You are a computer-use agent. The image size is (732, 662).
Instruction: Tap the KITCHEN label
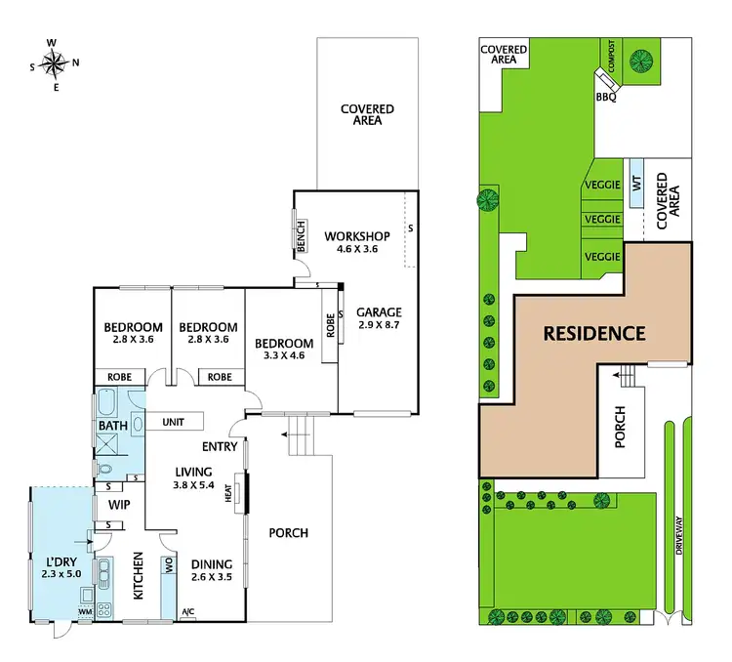[139, 576]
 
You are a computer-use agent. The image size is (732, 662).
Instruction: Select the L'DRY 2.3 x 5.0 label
[58, 567]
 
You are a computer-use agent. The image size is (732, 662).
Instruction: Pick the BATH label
[112, 426]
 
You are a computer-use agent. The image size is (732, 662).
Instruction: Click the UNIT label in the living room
[174, 422]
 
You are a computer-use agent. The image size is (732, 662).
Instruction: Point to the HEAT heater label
[228, 495]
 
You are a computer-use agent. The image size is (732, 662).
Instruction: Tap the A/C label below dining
[188, 613]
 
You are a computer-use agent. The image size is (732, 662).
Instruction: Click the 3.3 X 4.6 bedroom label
[284, 350]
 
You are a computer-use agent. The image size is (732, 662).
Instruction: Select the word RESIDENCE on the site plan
[593, 333]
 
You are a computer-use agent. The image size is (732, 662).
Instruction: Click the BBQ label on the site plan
[605, 97]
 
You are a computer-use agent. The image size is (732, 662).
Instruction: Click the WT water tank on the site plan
[636, 183]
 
